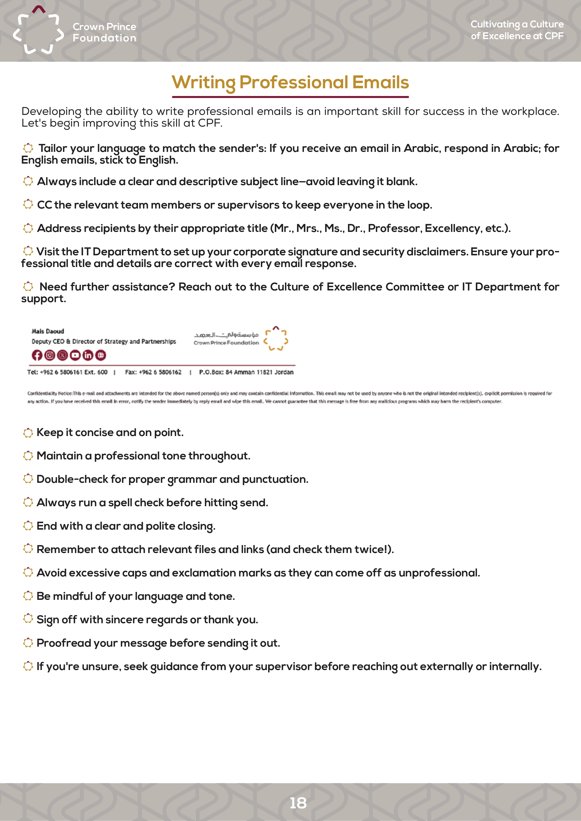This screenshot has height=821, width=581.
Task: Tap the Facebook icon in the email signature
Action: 37,355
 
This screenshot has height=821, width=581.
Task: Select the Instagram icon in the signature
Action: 50,355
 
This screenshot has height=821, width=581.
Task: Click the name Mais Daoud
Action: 48,331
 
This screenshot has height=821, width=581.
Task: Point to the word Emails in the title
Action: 380,82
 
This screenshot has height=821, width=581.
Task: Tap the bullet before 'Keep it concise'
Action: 28,433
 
